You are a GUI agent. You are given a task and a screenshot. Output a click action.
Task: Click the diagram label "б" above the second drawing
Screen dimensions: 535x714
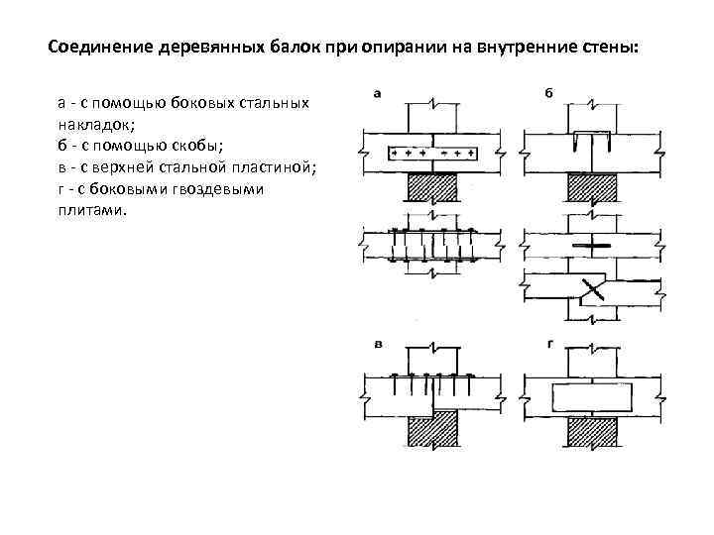548,94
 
